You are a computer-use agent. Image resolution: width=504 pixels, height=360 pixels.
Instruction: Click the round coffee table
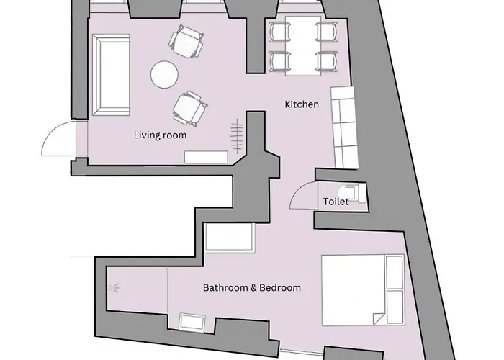pos(163,73)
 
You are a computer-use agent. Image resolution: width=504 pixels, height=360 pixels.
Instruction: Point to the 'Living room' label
pos(160,135)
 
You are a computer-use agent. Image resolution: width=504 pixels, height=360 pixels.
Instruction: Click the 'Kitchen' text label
pos(302,104)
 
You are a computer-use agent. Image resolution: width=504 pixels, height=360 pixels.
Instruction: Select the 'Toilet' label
pos(336,202)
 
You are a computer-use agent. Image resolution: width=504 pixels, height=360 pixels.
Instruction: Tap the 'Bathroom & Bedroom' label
pos(251,287)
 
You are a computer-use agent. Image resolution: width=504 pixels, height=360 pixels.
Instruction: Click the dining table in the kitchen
pos(302,48)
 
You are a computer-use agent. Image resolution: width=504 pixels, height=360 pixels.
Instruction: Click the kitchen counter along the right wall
pos(345,125)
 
